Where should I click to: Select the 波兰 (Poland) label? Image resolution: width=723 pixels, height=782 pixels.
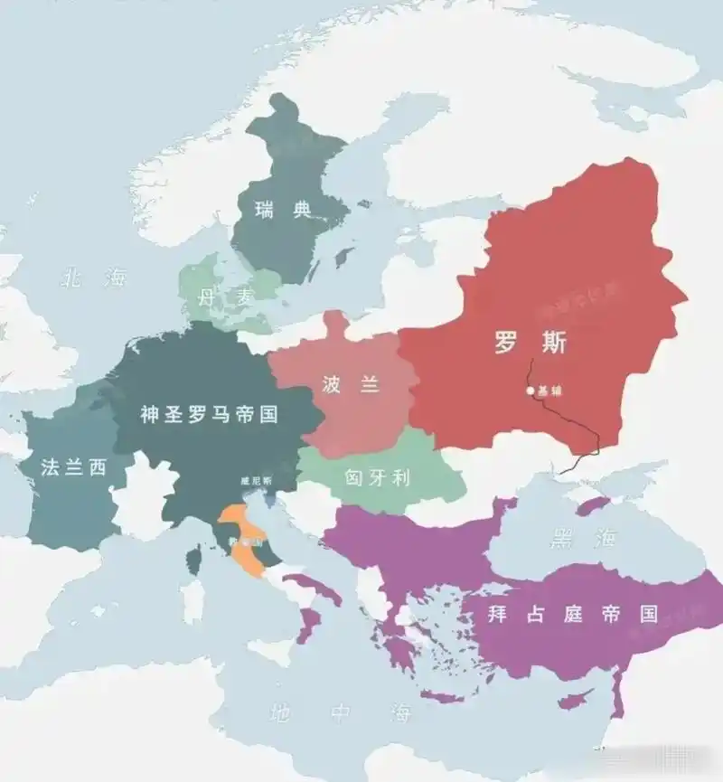tap(351, 383)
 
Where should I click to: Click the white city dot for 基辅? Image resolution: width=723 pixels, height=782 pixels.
tap(531, 391)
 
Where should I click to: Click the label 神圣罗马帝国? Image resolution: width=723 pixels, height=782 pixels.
tap(209, 414)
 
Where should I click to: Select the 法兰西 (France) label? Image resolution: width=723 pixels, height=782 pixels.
tap(73, 466)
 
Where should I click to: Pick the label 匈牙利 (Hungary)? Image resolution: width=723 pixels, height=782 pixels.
tap(378, 476)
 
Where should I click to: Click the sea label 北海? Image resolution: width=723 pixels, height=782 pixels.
tap(94, 278)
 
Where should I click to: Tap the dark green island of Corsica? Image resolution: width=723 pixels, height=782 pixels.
tap(193, 561)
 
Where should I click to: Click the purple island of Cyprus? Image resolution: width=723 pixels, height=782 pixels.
tap(572, 702)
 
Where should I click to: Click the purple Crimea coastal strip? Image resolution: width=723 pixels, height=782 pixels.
tap(596, 503)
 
